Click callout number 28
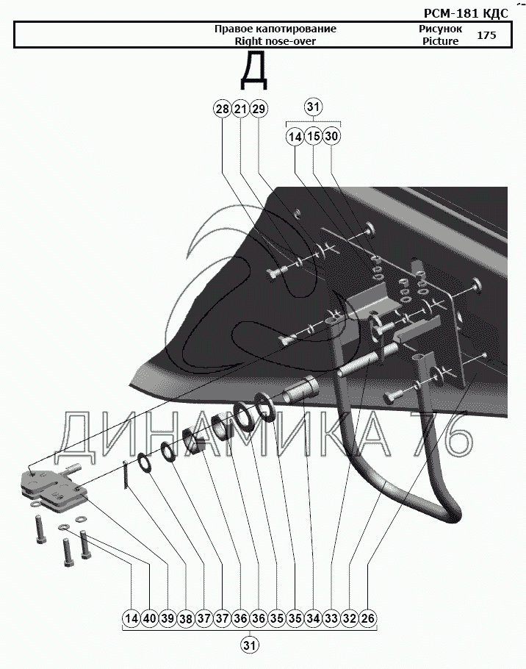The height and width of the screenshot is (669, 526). coord(222,110)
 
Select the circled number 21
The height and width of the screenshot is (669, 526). coord(240,110)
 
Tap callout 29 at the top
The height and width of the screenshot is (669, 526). coord(259,110)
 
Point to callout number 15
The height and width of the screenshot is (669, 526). coord(313,137)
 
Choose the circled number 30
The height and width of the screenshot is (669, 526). coord(331,137)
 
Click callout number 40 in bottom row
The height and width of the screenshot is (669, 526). coord(150,618)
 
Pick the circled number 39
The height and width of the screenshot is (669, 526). coord(168,618)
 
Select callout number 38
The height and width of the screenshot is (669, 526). coord(186,618)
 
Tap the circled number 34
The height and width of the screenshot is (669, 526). coord(313,618)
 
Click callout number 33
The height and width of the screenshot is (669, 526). coord(331,618)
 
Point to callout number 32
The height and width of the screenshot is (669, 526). coord(350,618)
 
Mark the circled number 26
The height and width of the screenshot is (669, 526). coord(368,618)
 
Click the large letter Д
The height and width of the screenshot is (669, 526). coord(254,71)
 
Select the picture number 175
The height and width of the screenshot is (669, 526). coord(486,35)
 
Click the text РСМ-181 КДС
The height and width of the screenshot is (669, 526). coord(466,14)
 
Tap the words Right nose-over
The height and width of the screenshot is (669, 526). coord(275,41)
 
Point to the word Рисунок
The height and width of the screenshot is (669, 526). coord(440,29)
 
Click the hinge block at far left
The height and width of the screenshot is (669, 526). coord(52,487)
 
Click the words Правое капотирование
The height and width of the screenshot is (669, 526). coord(275,29)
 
